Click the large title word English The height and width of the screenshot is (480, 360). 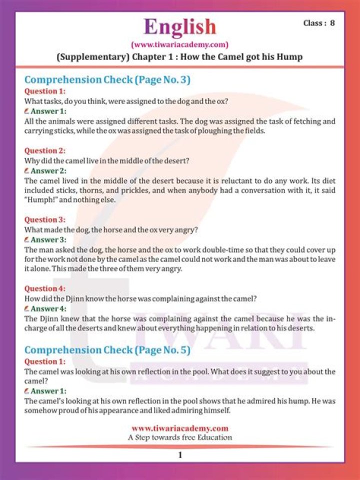click(x=179, y=26)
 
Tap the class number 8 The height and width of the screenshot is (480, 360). click(x=332, y=23)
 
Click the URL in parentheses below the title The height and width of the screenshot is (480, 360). click(x=179, y=44)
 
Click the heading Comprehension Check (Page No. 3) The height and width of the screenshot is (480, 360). click(x=107, y=80)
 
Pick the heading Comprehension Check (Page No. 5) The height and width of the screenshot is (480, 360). click(x=107, y=350)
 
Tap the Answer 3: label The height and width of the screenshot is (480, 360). click(x=48, y=239)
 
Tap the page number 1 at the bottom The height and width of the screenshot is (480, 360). click(x=179, y=455)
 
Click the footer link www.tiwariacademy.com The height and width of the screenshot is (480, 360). click(x=179, y=428)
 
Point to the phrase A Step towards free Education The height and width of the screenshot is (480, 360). click(x=179, y=437)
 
